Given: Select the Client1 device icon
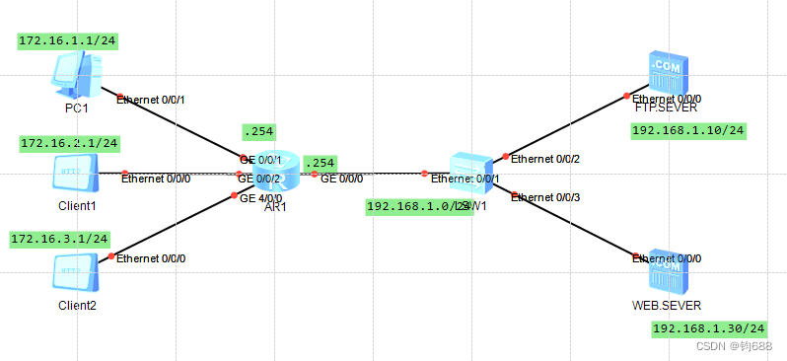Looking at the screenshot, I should coord(76,175).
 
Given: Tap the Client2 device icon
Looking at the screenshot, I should coord(76,272).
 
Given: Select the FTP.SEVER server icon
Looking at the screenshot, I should coord(667,74).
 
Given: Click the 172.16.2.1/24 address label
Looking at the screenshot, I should coord(69,144).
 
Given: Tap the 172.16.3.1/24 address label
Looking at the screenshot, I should coord(59,239).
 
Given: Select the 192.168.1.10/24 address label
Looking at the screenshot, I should coord(688,130).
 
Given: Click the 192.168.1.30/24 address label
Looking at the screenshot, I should coord(709,328).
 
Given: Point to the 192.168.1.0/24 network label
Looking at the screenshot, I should coord(417,206).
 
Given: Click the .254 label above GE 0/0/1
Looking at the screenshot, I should coord(258,131).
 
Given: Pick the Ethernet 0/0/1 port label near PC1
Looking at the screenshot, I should coord(151,100).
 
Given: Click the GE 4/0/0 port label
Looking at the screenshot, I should coord(261,197).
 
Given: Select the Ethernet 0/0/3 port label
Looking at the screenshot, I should coord(545,198).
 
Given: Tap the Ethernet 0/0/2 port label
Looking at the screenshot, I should coord(545,159).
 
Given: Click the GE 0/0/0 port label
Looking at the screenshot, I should coord(341,180).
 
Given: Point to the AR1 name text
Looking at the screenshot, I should coord(275,207).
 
